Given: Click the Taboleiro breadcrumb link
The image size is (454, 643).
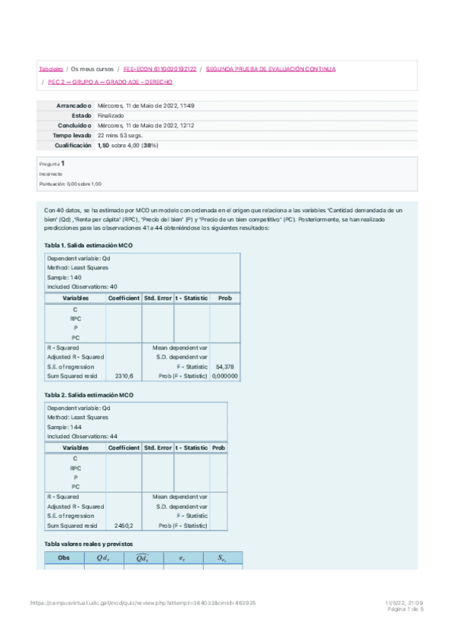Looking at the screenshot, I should (52, 69).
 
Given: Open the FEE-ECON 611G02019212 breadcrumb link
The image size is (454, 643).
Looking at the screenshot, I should (159, 69).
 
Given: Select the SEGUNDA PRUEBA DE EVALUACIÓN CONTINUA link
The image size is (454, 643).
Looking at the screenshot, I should (271, 69).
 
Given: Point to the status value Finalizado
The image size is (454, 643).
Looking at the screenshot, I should (111, 115).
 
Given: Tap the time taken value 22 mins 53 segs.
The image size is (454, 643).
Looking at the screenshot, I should (120, 135).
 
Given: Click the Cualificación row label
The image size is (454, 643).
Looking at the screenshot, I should (73, 145).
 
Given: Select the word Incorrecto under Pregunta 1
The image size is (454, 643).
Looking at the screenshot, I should (52, 174).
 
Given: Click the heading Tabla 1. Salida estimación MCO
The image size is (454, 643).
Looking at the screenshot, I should (89, 246).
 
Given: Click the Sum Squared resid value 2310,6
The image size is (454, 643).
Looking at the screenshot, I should (124, 375).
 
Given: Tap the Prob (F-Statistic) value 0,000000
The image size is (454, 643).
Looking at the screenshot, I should (225, 375).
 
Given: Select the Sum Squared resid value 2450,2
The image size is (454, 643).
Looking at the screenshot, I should (124, 525).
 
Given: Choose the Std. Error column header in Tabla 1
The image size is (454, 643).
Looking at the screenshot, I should (158, 298).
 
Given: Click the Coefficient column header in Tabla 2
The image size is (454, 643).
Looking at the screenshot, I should (124, 447).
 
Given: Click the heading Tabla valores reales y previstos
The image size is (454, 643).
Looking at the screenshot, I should (89, 544).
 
